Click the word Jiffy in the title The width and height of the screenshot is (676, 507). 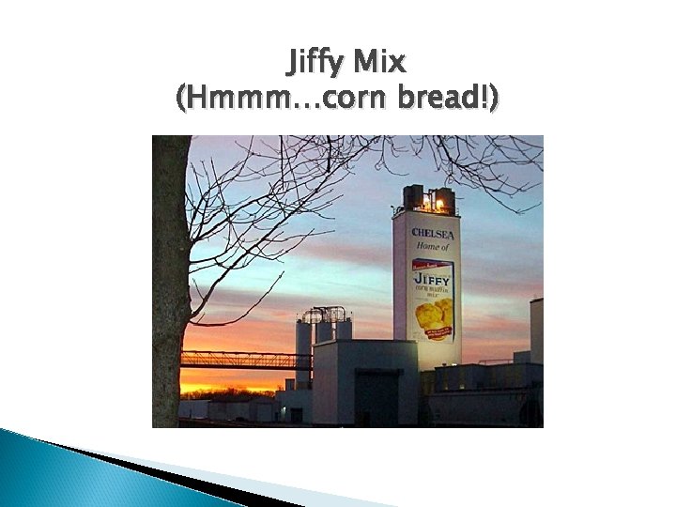(315, 63)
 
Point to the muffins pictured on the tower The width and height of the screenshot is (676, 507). (433, 315)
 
